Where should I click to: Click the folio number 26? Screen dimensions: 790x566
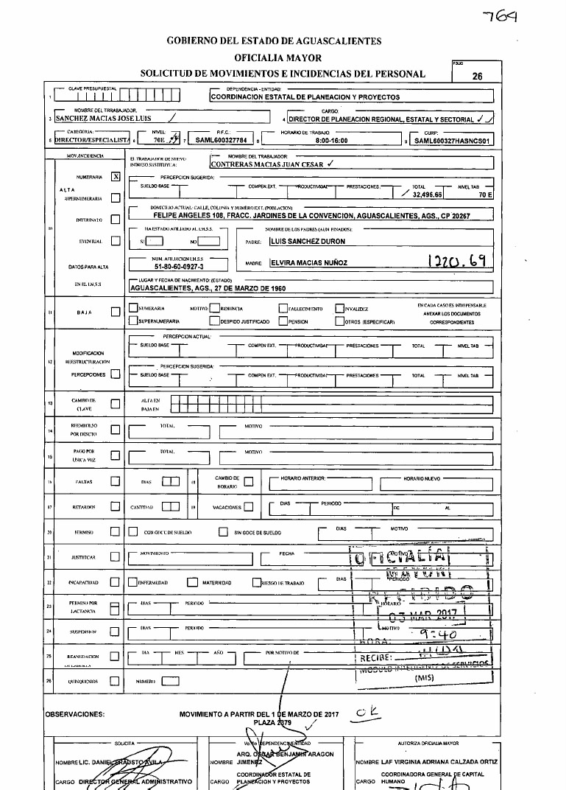coord(477,75)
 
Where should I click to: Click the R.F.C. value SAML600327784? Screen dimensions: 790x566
coord(219,139)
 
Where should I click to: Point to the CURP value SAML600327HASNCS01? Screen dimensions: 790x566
coord(453,139)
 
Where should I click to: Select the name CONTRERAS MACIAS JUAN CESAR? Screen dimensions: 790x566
coord(254,165)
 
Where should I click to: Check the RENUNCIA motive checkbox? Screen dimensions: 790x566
coord(214,309)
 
